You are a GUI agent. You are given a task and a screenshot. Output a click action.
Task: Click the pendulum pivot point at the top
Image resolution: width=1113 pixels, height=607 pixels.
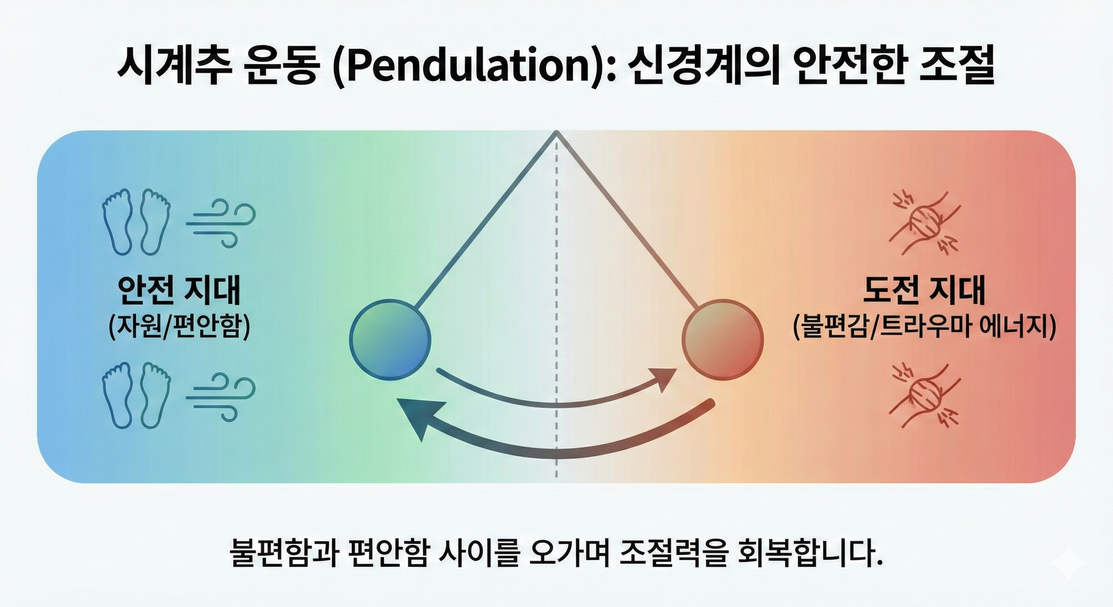click(x=556, y=132)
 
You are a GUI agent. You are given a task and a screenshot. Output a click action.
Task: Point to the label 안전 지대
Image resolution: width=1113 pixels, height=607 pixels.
click(x=178, y=292)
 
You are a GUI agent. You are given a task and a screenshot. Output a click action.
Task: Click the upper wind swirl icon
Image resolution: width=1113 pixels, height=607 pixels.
click(x=221, y=223)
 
